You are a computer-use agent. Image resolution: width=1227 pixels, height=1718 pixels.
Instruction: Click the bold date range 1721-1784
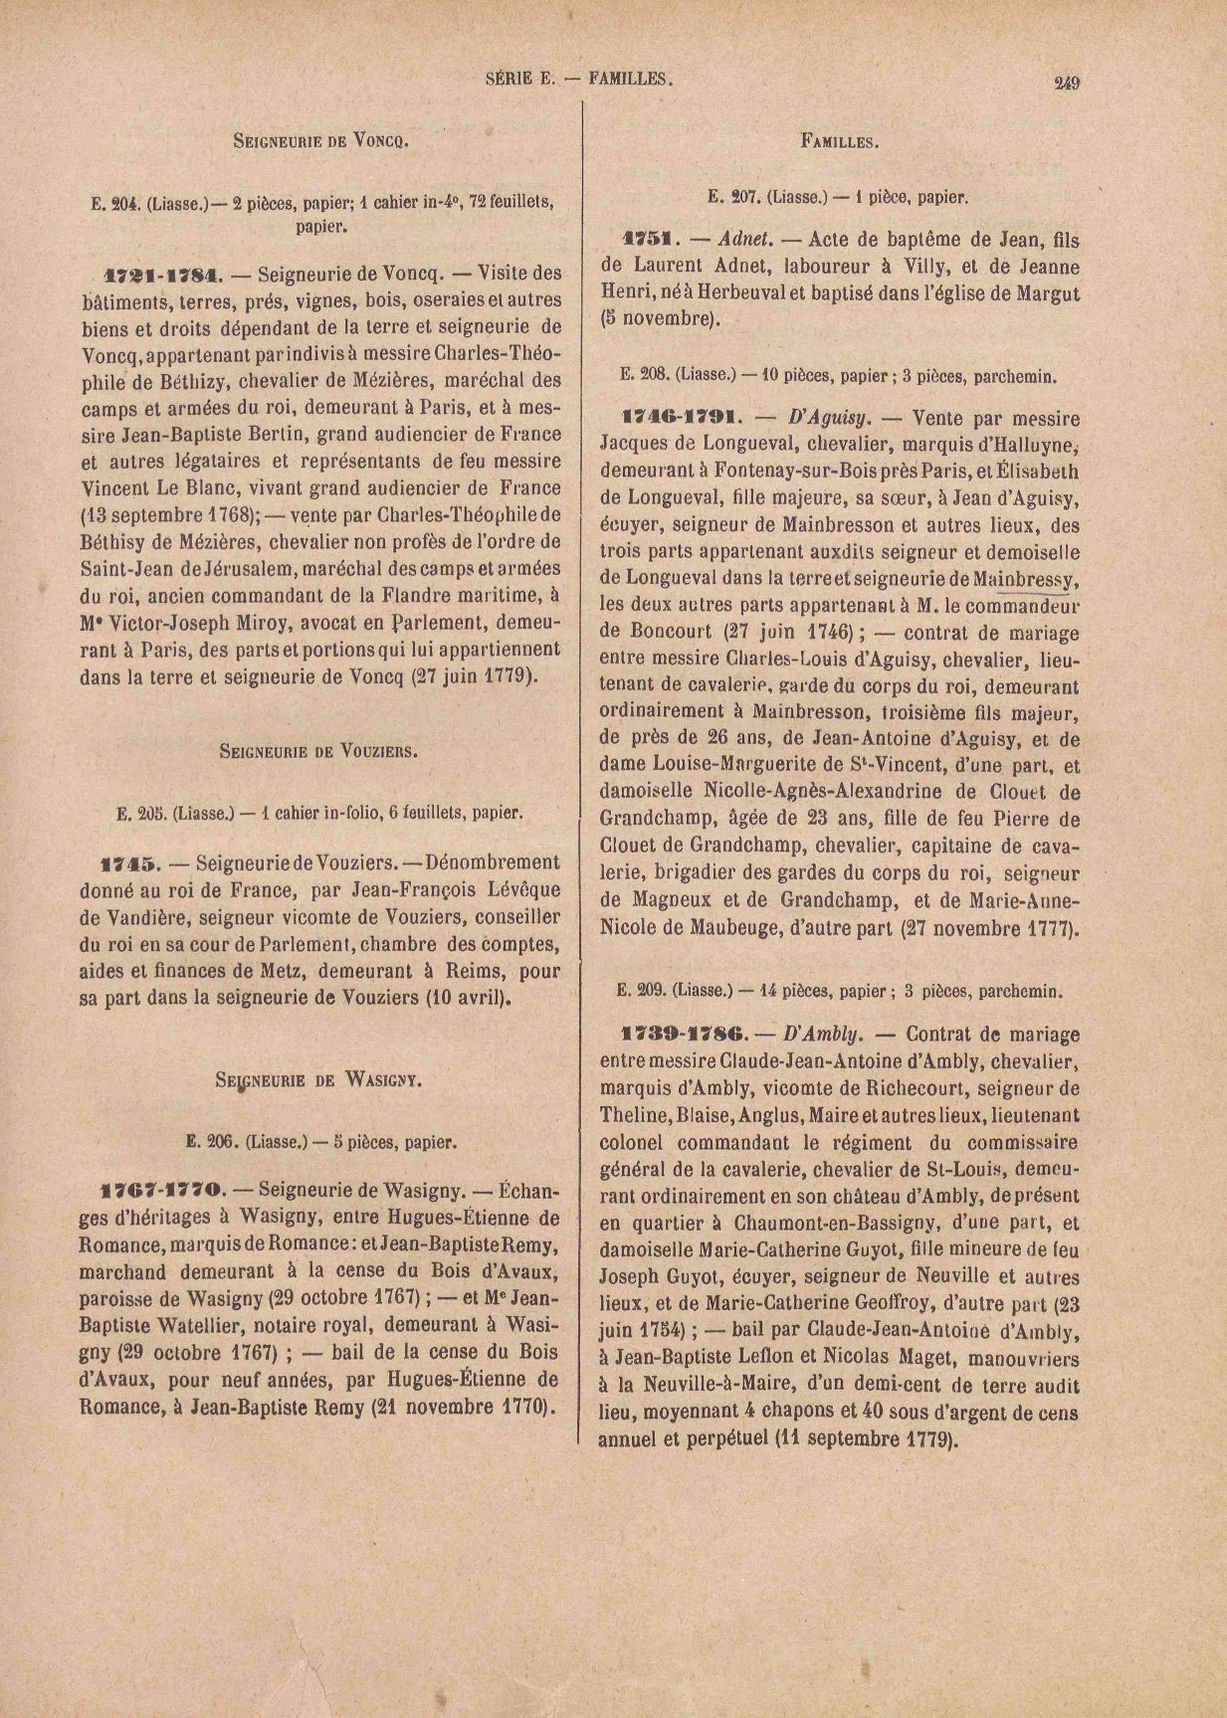click(x=164, y=273)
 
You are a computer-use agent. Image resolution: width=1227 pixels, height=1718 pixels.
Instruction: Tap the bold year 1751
click(x=649, y=240)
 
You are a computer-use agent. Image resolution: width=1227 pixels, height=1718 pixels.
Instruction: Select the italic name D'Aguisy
click(x=819, y=419)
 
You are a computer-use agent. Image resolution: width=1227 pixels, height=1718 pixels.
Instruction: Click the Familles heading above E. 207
click(x=840, y=141)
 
